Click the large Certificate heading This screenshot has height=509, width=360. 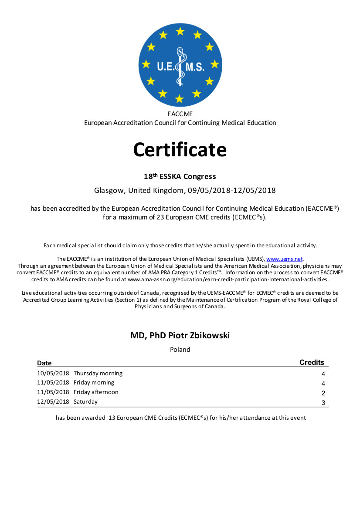pyautogui.click(x=180, y=149)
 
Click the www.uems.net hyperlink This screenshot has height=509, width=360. pyautogui.click(x=284, y=259)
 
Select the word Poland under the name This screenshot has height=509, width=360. pyautogui.click(x=180, y=349)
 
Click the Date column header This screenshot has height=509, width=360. pyautogui.click(x=44, y=363)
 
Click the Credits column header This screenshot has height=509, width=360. pyautogui.click(x=312, y=362)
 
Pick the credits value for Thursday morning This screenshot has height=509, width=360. pyautogui.click(x=323, y=374)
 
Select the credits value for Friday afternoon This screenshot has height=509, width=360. pyautogui.click(x=323, y=393)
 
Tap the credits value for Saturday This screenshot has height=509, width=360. pyautogui.click(x=323, y=403)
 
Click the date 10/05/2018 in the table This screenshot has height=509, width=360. pyautogui.click(x=53, y=373)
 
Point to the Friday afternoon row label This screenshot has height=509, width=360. pyautogui.click(x=96, y=392)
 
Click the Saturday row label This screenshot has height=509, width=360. pyautogui.click(x=85, y=401)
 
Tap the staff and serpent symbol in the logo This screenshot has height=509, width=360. pyautogui.click(x=179, y=65)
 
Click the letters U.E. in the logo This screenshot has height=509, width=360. pyautogui.click(x=166, y=66)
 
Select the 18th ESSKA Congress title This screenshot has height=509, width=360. pyautogui.click(x=180, y=176)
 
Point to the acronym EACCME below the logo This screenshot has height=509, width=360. pyautogui.click(x=180, y=114)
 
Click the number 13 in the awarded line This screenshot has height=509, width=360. pyautogui.click(x=112, y=418)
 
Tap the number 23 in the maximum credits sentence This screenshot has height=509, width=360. pyautogui.click(x=160, y=217)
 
